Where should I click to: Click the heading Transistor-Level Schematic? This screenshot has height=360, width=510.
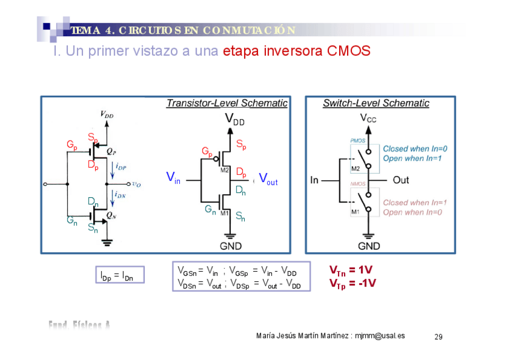tap(227, 103)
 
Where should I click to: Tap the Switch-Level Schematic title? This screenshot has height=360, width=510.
tap(376, 103)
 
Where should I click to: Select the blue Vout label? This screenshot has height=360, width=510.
tap(268, 178)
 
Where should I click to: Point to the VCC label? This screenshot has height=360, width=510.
tap(368, 118)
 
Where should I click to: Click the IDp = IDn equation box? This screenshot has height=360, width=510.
tap(117, 276)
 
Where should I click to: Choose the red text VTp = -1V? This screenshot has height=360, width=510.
tap(352, 283)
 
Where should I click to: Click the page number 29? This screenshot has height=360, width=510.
tap(438, 337)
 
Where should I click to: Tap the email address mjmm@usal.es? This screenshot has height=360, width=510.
tap(379, 335)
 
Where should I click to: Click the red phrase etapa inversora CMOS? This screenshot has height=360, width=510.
tap(296, 51)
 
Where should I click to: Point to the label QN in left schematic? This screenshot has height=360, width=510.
tap(111, 214)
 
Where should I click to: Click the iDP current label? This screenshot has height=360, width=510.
tap(121, 167)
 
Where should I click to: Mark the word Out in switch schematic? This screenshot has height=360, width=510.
tap(401, 180)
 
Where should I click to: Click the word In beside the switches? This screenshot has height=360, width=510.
tap(315, 180)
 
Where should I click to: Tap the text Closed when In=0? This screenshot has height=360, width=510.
tap(415, 148)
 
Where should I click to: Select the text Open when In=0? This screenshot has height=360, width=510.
tap(413, 212)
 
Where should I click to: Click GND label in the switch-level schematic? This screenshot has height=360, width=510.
tap(369, 246)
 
